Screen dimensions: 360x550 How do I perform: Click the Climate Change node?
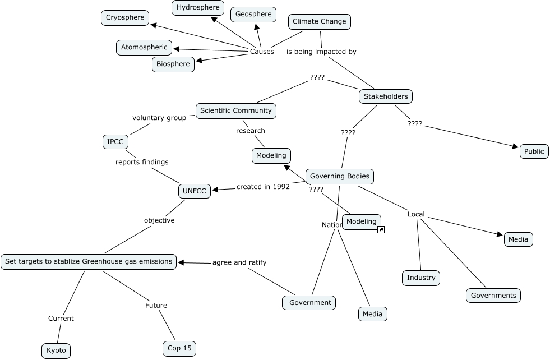coord(320,22)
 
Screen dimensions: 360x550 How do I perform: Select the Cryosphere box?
coord(126,18)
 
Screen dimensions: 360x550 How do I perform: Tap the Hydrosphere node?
coord(197,8)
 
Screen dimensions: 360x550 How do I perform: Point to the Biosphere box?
coord(173,64)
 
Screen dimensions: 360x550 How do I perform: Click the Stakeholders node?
coord(386,96)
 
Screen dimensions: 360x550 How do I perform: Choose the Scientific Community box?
coord(235,110)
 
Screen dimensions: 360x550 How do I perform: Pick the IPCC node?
coord(115,142)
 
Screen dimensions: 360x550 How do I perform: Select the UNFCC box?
coord(195,191)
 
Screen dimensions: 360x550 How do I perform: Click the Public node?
coord(534,151)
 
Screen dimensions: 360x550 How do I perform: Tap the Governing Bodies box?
coord(339,176)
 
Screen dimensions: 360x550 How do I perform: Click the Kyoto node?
coord(56,350)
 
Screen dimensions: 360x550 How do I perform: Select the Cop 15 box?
coord(179,348)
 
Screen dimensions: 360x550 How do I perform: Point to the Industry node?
coord(421,278)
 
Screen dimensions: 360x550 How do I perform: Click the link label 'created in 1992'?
coord(263,187)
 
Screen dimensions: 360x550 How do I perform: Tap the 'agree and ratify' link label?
coord(239,262)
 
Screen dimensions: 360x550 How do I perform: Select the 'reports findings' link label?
coord(142,162)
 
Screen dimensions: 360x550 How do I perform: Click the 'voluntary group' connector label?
coord(159,118)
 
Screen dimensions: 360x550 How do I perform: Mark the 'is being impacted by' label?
coord(321,52)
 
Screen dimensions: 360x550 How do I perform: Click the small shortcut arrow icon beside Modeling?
coord(381,229)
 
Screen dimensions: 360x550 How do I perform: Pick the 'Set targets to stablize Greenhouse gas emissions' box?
coord(89,261)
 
